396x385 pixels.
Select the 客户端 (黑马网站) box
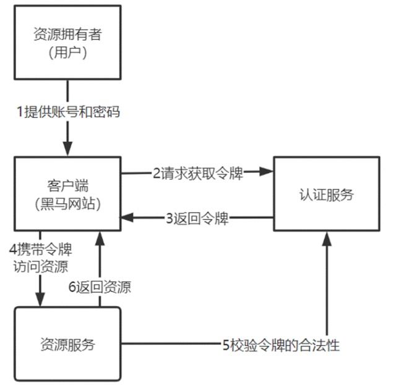[x=67, y=193]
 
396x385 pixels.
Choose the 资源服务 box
[x=67, y=344]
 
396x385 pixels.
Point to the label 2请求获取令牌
[x=197, y=173]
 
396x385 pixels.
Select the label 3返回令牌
[x=197, y=219]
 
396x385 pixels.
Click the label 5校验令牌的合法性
[x=281, y=344]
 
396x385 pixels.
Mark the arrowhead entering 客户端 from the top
[x=67, y=150]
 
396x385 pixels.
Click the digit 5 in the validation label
[x=226, y=344]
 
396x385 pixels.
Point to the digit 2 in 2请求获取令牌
[x=157, y=173]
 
